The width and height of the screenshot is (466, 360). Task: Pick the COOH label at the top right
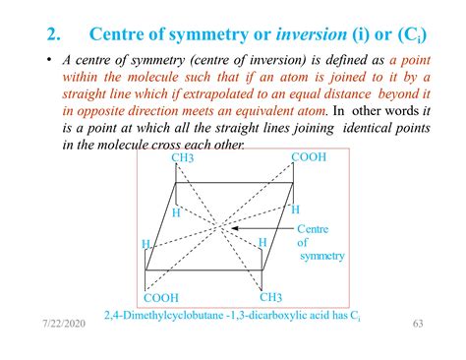click(x=310, y=157)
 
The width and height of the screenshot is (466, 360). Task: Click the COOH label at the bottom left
click(x=161, y=298)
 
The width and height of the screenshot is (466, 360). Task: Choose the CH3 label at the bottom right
click(x=272, y=297)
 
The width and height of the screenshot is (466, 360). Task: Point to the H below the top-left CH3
click(x=176, y=212)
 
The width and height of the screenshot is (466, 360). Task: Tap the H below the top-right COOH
click(x=294, y=209)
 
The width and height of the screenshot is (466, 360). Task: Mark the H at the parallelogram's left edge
click(x=146, y=244)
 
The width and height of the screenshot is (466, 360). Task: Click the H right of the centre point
click(x=262, y=242)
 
